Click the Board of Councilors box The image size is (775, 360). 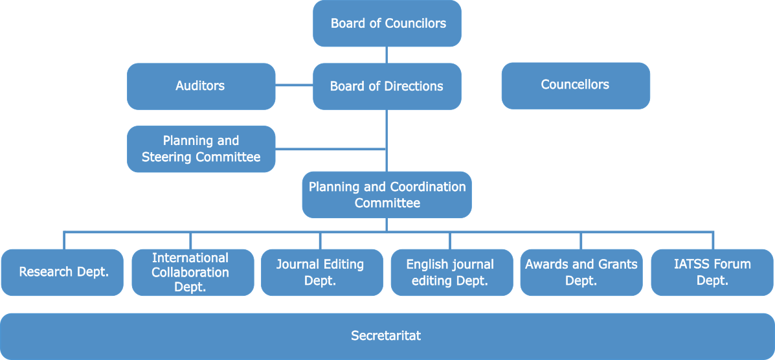click(387, 23)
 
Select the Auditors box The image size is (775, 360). click(201, 86)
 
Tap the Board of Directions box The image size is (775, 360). click(387, 86)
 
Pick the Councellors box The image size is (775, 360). click(575, 85)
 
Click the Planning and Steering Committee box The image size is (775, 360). click(201, 149)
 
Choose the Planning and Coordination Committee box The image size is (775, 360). click(387, 194)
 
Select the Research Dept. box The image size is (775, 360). click(62, 272)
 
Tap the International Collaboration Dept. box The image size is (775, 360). click(192, 273)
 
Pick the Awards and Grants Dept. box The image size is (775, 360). click(581, 273)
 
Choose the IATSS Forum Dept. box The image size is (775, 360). click(712, 273)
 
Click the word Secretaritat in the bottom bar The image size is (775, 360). click(386, 335)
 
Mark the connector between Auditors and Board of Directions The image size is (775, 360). click(294, 85)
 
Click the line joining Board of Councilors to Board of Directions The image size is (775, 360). click(387, 55)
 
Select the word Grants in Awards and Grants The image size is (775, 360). click(617, 264)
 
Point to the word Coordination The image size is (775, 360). click(427, 186)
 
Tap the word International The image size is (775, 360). click(190, 258)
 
